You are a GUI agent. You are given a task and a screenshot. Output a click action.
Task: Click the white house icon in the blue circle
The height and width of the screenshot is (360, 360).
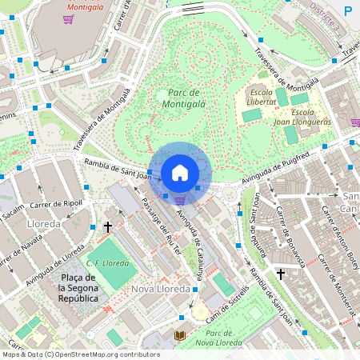coord(180,172)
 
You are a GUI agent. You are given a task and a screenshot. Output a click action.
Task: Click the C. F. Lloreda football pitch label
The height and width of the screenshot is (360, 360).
coord(108,262)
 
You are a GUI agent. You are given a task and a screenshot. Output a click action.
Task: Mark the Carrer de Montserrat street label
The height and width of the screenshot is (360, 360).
coord(336,276)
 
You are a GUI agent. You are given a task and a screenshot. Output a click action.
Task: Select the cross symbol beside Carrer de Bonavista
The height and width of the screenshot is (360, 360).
coord(281,274)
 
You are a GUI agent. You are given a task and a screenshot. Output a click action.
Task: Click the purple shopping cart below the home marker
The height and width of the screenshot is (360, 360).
coord(181,201)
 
